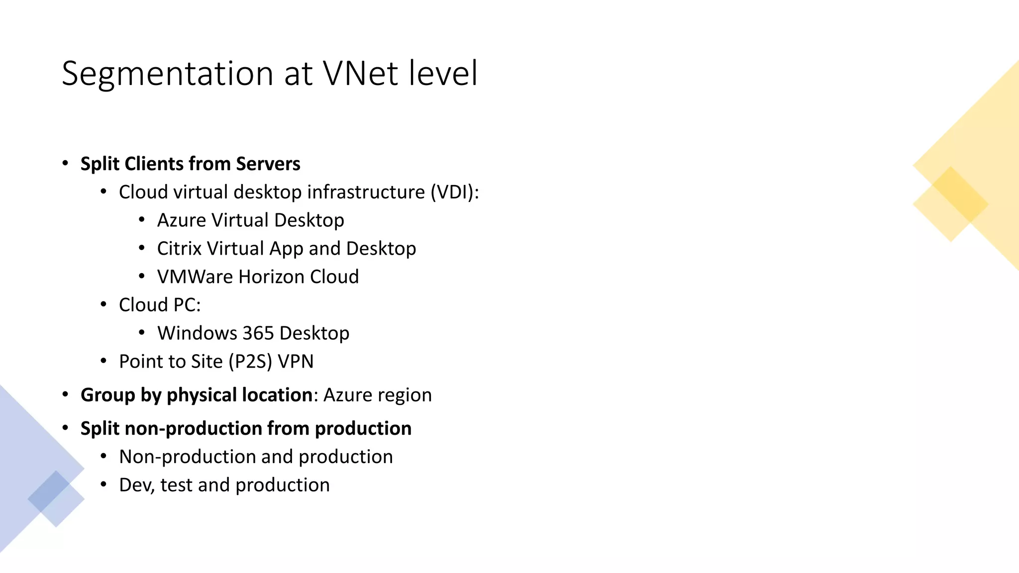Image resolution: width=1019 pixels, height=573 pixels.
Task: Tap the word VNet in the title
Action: pyautogui.click(x=360, y=74)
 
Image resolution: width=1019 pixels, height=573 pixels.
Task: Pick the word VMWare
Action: pyautogui.click(x=195, y=277)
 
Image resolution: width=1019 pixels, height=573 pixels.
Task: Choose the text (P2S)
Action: pyautogui.click(x=250, y=362)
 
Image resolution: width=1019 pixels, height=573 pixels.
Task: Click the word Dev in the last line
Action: pyautogui.click(x=137, y=485)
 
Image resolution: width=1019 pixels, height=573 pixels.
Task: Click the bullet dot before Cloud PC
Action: pyautogui.click(x=103, y=304)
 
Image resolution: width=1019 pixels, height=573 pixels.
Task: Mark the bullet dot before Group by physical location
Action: pyautogui.click(x=65, y=394)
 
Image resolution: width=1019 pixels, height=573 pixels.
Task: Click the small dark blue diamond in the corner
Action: pyautogui.click(x=49, y=491)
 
